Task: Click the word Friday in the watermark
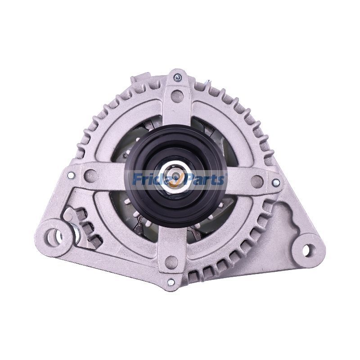click(151, 180)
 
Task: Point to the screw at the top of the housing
click(177, 77)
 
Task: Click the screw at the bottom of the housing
click(171, 283)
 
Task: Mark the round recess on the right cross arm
click(256, 181)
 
